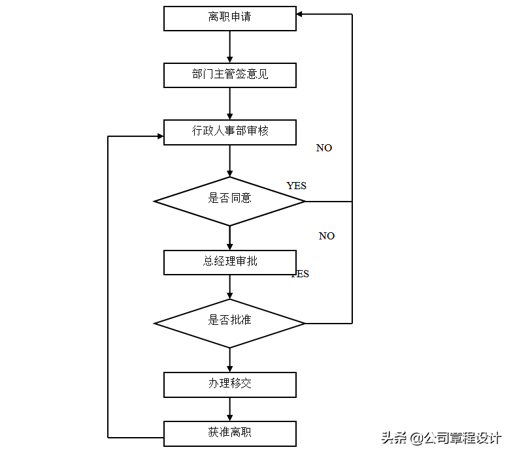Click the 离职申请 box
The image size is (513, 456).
(229, 18)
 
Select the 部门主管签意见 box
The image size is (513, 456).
(229, 74)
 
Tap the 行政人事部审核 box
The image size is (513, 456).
(229, 131)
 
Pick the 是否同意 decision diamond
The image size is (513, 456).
(229, 201)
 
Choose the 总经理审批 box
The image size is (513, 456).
(229, 262)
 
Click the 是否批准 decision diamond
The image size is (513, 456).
(229, 323)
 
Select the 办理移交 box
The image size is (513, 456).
(229, 384)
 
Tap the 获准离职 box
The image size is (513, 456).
(229, 433)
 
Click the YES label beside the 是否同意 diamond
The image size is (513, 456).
(296, 186)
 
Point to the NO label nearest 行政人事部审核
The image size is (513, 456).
(324, 148)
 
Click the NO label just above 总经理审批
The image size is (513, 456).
(327, 236)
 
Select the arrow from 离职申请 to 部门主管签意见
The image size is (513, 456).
(229, 46)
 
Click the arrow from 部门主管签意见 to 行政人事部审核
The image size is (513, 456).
(229, 103)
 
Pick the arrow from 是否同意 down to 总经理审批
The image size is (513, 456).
(229, 238)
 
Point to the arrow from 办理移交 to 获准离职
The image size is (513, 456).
(229, 409)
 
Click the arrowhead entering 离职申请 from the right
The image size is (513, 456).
(301, 14)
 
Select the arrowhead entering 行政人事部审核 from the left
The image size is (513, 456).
(159, 136)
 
